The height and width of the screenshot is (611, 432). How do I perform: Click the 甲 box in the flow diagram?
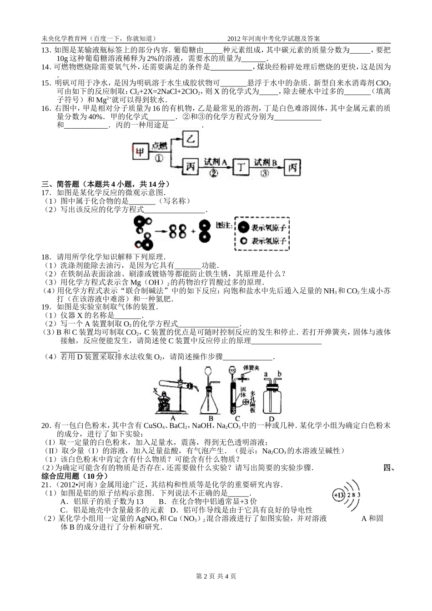[x=140, y=152]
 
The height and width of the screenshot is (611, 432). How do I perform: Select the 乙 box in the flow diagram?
[x=190, y=139]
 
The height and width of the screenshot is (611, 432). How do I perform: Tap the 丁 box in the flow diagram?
[x=241, y=168]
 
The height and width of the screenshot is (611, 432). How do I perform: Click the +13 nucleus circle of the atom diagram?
[x=338, y=494]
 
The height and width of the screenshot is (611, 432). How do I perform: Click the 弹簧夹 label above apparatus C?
[x=251, y=367]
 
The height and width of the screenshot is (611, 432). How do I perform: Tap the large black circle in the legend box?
[x=244, y=226]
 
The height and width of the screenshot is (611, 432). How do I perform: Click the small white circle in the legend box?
[x=244, y=241]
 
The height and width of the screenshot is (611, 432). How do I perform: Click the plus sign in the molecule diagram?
[x=193, y=232]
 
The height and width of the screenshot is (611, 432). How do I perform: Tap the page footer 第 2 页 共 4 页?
[x=216, y=576]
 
